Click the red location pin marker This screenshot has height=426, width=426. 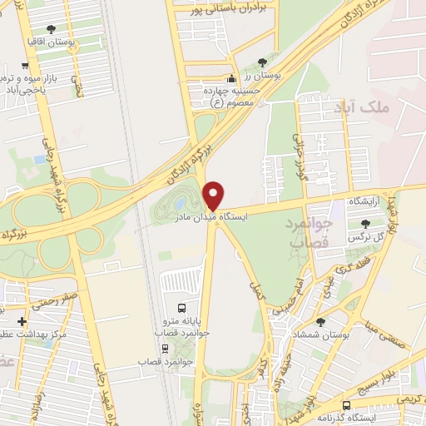tap(215, 196)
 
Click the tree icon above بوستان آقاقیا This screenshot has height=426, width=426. tap(52, 28)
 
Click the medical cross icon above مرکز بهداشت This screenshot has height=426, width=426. tap(22, 322)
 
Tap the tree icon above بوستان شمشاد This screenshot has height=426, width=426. tap(320, 320)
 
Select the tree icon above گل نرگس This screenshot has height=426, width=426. tap(365, 222)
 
